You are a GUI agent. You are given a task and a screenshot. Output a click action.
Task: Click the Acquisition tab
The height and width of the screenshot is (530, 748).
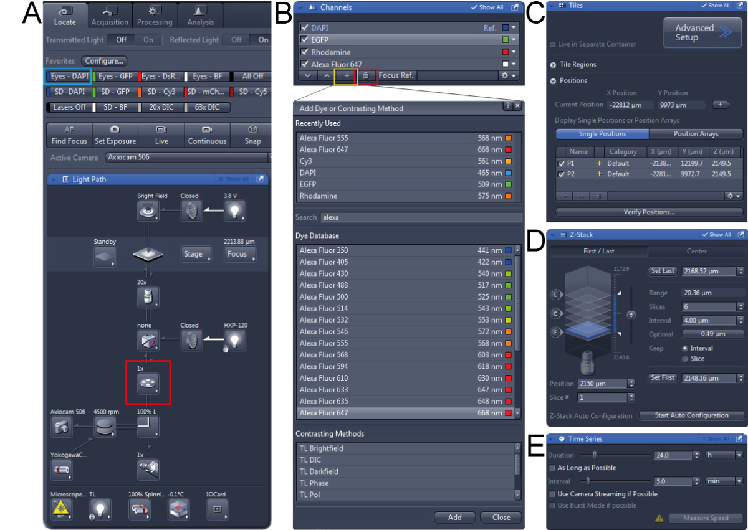tap(110, 16)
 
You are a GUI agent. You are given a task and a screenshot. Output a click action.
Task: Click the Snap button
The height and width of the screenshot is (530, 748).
tap(252, 135)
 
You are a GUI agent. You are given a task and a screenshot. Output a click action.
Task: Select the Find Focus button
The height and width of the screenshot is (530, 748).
tap(69, 135)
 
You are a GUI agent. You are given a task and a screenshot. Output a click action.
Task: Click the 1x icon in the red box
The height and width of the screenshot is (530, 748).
tap(148, 382)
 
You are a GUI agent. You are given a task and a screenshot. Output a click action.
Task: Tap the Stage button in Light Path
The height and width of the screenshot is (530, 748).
tap(193, 254)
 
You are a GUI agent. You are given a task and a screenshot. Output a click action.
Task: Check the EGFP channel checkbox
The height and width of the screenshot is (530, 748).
tap(304, 40)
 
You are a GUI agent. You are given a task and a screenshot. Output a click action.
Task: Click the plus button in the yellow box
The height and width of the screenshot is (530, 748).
tap(347, 75)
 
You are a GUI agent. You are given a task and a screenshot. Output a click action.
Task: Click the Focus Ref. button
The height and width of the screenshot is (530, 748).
tap(397, 75)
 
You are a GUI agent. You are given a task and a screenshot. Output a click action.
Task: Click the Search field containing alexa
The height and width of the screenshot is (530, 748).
tap(421, 217)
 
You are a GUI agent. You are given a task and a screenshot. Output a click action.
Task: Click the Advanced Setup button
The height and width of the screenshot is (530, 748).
tap(701, 33)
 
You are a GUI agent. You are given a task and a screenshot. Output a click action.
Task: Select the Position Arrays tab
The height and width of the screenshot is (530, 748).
tap(695, 134)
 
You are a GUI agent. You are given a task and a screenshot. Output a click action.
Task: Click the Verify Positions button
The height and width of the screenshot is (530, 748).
tap(649, 212)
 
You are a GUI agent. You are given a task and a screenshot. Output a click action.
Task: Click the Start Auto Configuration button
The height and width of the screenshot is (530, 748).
tap(692, 415)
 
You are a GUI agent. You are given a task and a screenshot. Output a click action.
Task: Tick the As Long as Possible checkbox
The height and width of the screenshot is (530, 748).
tap(552, 468)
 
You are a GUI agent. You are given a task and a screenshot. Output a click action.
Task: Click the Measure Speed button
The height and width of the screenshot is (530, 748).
tap(706, 518)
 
